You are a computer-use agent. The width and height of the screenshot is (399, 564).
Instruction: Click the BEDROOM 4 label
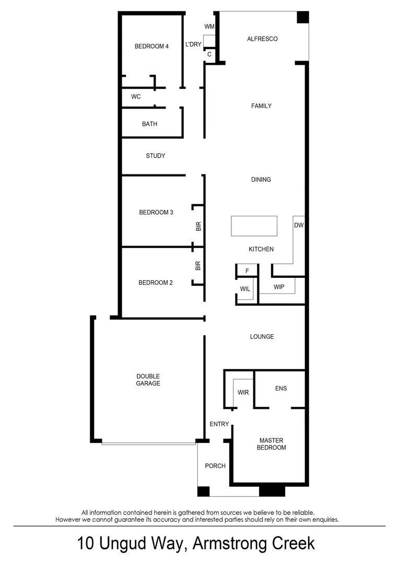click(151, 46)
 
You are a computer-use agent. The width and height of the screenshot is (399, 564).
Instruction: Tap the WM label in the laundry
click(209, 26)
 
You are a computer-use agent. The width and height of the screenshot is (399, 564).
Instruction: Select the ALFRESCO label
click(262, 39)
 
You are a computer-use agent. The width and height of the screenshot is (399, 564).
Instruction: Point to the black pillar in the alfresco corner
click(302, 17)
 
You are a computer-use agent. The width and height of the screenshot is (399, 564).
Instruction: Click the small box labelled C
click(209, 54)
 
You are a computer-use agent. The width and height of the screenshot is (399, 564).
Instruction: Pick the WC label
click(136, 97)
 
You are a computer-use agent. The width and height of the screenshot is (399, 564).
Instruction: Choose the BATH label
click(150, 124)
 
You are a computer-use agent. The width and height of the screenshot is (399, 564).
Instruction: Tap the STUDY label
click(156, 156)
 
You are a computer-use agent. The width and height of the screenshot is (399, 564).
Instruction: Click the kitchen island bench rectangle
click(254, 226)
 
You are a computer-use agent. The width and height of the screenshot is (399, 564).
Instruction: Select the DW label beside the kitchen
click(299, 226)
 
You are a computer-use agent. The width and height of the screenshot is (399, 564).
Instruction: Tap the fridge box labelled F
click(248, 271)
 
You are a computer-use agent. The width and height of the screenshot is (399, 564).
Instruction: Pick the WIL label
click(245, 289)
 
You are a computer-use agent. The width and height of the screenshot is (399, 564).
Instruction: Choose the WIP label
click(279, 287)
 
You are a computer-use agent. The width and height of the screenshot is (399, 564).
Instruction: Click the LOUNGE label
click(262, 337)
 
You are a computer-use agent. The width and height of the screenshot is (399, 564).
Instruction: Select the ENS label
click(281, 389)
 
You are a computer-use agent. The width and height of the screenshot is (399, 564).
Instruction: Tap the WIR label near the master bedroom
click(243, 392)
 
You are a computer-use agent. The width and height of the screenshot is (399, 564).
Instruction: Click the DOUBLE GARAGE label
click(148, 380)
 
